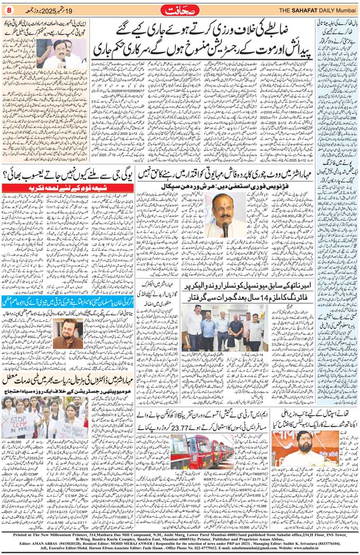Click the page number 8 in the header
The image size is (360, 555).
pyautogui.click(x=9, y=10)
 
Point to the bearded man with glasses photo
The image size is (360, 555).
pyautogui.click(x=68, y=333)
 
